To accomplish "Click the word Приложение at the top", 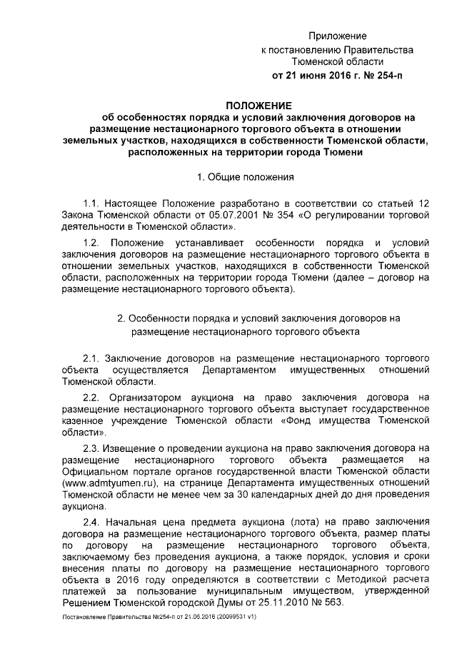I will coord(337,36).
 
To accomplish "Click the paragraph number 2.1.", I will coord(94,356).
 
